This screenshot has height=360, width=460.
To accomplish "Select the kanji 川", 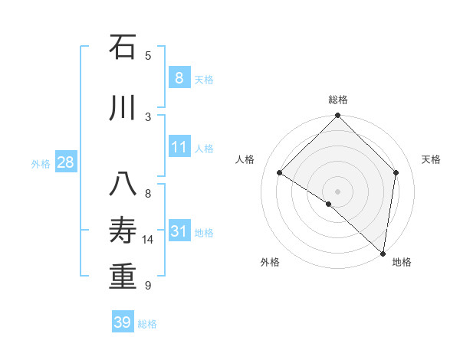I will click(x=123, y=107).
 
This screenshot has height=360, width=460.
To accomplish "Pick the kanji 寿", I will click(x=123, y=231).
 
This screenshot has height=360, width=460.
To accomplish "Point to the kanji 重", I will click(x=123, y=276).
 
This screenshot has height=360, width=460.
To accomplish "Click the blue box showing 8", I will click(x=179, y=78).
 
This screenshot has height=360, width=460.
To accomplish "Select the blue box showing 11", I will click(x=179, y=147).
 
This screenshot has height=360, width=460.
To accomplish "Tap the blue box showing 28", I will click(x=65, y=162).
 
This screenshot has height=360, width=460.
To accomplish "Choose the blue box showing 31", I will click(x=179, y=231).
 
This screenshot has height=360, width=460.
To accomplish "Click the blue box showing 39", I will click(x=123, y=322).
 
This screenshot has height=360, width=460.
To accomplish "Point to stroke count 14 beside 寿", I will click(x=148, y=240).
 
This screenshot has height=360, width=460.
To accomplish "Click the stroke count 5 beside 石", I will click(x=148, y=55).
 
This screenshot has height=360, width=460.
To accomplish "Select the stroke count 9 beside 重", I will click(x=148, y=285).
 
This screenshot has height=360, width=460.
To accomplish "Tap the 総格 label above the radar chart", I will click(x=337, y=100).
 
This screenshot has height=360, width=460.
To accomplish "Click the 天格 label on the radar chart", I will click(x=431, y=159).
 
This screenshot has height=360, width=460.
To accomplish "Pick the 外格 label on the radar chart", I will click(x=270, y=262).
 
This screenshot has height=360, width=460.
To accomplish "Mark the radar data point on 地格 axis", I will click(x=383, y=254).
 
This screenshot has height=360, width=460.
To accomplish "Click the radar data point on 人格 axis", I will click(x=280, y=173).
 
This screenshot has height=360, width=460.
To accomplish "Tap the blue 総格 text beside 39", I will click(x=147, y=324).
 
